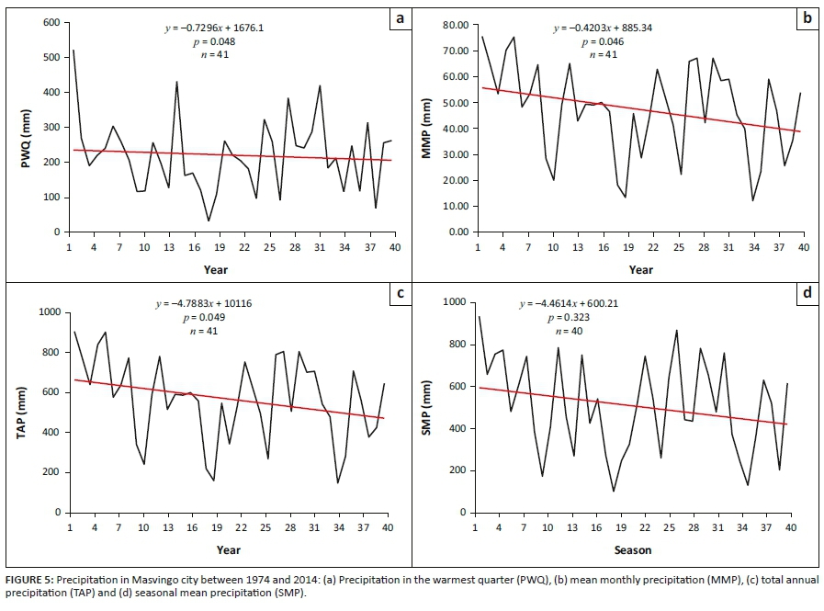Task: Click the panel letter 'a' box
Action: point(400,17)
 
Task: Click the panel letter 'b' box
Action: point(807,17)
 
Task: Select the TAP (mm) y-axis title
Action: point(16,413)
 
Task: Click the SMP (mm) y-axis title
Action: point(425,413)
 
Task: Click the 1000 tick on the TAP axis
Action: point(49,312)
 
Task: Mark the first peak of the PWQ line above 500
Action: point(73,51)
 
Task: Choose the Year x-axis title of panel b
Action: point(641,270)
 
